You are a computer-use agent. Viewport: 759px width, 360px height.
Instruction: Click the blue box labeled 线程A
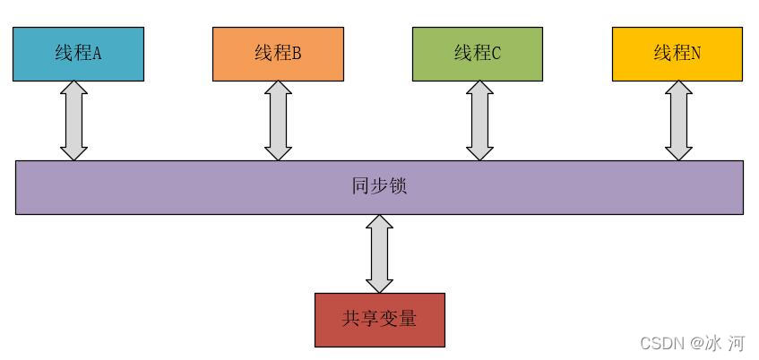(x=78, y=54)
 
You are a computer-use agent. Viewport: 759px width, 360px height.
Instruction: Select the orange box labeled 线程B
(x=278, y=54)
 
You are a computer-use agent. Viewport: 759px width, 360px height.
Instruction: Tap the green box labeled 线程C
(x=478, y=54)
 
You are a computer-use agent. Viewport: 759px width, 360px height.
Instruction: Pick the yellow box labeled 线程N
(x=677, y=54)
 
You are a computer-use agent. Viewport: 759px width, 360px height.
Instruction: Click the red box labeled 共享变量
(x=380, y=320)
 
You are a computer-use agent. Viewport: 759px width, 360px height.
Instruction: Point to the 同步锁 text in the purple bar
(x=380, y=187)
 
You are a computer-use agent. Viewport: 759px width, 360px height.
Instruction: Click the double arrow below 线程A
(x=73, y=121)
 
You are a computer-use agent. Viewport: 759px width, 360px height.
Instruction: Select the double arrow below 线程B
(x=278, y=121)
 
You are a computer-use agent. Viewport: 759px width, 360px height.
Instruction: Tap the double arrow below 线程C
(x=480, y=121)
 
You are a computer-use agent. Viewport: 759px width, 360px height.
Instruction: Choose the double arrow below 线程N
(x=678, y=121)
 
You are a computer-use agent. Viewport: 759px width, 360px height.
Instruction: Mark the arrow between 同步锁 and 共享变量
(x=380, y=253)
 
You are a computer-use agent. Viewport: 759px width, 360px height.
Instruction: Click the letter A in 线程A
(x=97, y=54)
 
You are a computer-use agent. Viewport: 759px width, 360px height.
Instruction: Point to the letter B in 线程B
(x=297, y=54)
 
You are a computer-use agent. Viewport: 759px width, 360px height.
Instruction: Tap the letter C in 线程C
(x=496, y=54)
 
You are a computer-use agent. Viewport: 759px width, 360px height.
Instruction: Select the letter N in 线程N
(x=696, y=54)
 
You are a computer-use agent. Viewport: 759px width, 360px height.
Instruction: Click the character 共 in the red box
(x=352, y=319)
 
